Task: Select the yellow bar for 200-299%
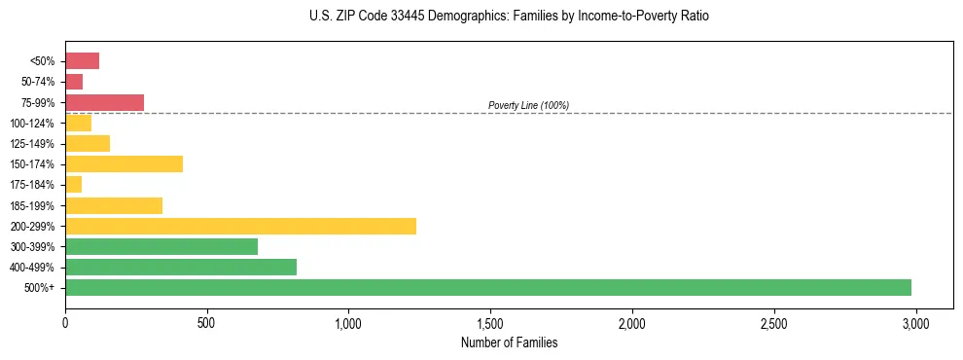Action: [240, 226]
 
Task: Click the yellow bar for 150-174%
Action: [124, 163]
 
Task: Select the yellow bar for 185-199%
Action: [114, 205]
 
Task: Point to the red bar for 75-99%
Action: [104, 102]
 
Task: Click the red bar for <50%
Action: [82, 61]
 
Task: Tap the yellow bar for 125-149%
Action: [88, 143]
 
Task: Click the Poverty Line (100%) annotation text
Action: [528, 105]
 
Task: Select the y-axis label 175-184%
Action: [32, 185]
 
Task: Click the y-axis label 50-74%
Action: [37, 82]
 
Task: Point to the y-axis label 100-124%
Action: [32, 124]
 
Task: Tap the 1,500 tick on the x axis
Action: [490, 322]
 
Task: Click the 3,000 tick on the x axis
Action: [915, 322]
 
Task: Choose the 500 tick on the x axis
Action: [206, 322]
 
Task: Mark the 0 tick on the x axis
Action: [65, 322]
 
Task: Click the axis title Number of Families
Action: [509, 342]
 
